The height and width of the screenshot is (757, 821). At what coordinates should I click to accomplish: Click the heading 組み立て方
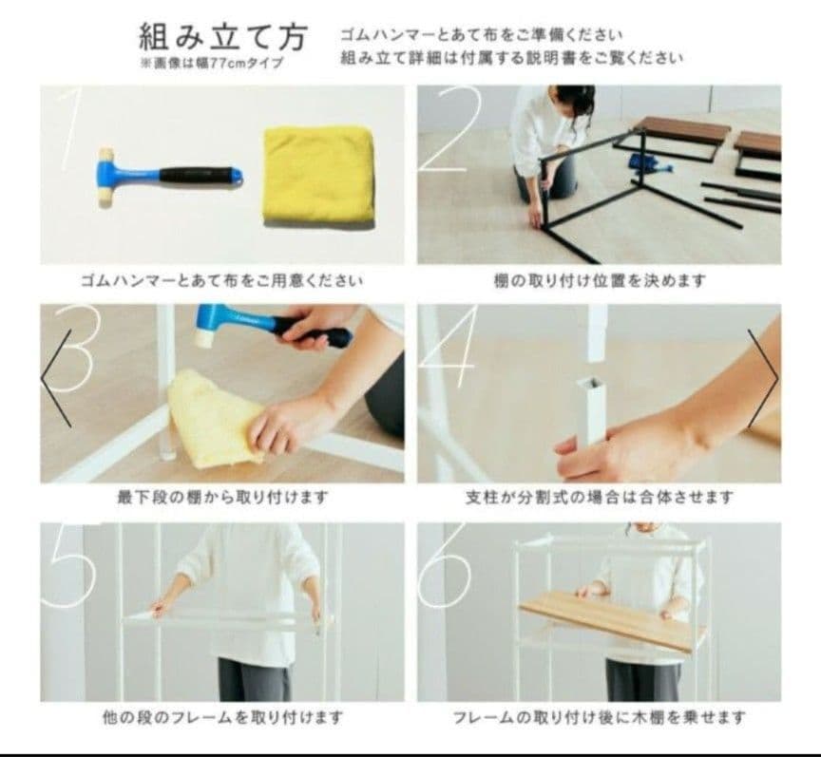point(223,38)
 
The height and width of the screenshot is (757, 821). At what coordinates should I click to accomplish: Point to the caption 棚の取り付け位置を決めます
point(600,281)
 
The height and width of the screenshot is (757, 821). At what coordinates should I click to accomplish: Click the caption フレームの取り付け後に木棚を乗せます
point(600,716)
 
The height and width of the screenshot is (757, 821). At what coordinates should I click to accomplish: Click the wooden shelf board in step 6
point(610,617)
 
